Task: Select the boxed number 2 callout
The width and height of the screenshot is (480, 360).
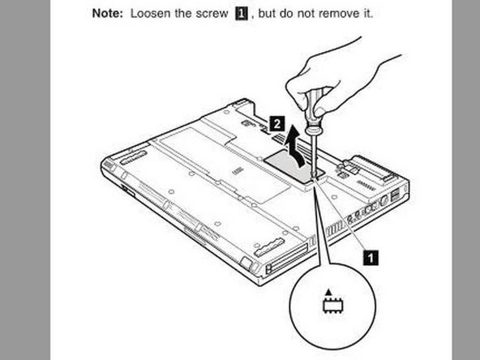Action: [277, 123]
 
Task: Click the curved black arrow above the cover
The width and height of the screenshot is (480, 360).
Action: [298, 143]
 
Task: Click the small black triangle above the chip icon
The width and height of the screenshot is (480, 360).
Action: [328, 291]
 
